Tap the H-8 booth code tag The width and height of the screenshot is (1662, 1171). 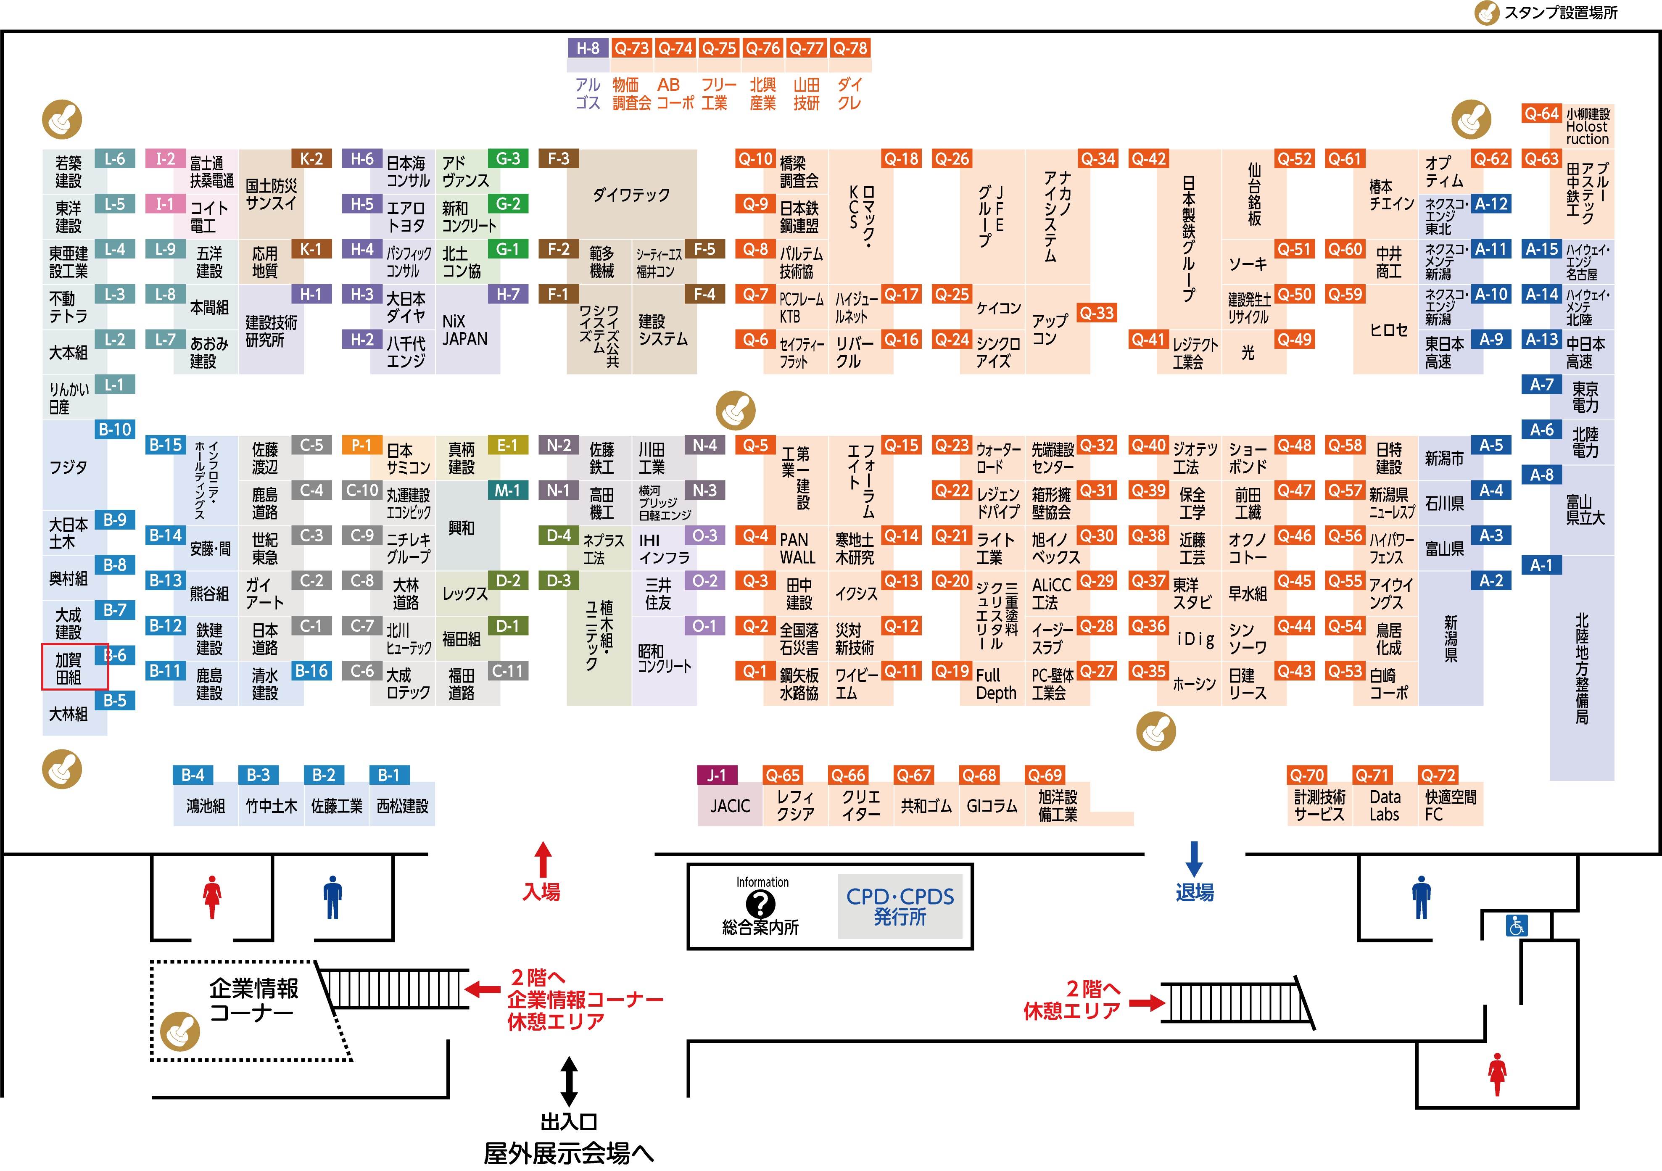point(588,48)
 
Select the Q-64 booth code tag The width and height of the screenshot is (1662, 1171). point(1541,113)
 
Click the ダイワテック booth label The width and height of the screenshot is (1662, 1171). point(631,195)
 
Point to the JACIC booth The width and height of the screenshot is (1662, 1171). point(730,805)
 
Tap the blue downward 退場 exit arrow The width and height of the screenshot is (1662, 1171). point(1195,859)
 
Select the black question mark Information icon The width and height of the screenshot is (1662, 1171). point(760,903)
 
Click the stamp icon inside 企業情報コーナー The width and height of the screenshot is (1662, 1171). point(179,1031)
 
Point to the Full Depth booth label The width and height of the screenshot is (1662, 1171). point(996,684)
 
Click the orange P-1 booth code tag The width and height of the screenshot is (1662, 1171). point(361,445)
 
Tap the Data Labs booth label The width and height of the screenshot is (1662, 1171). point(1384,805)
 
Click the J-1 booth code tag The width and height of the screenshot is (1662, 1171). point(717,775)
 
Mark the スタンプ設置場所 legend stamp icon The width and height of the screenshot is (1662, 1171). point(1487,13)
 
